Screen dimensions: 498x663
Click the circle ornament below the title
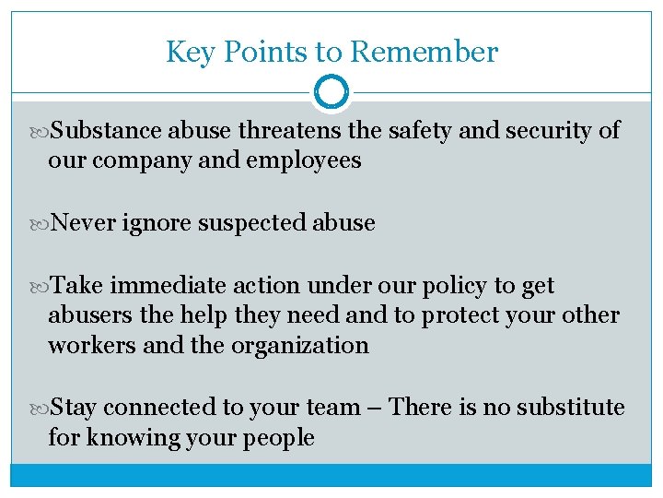[x=331, y=92]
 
